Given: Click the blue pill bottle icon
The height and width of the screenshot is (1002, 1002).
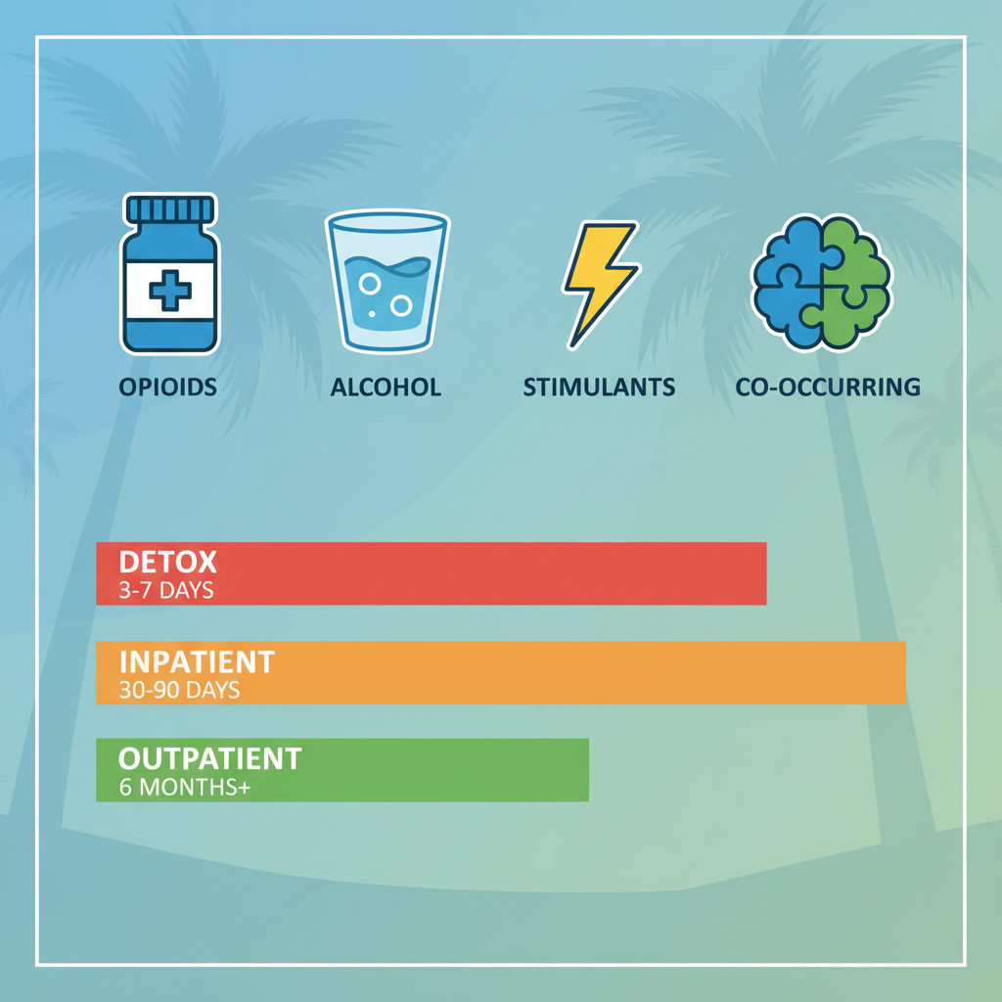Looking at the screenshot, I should [x=169, y=274].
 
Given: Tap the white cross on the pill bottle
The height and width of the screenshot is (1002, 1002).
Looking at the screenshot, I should [x=168, y=290].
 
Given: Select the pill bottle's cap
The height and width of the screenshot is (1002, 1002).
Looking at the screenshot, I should [x=169, y=209].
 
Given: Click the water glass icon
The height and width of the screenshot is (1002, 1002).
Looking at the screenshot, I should [x=386, y=281].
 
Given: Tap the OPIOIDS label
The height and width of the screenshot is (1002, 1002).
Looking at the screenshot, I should [x=168, y=387].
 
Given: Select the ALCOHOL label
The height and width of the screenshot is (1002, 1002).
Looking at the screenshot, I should [x=386, y=387].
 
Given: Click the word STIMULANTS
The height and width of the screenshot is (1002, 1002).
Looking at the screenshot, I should [x=599, y=387].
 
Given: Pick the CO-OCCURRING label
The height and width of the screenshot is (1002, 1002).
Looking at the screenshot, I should [x=828, y=387].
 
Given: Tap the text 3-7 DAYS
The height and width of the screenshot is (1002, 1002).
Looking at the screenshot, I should [x=166, y=591].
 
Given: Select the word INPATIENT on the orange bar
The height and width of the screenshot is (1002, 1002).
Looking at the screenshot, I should [x=197, y=661].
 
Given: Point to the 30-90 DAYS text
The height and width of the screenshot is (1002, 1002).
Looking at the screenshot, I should [x=180, y=690].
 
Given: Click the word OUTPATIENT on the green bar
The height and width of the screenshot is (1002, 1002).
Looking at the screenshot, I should [x=209, y=758].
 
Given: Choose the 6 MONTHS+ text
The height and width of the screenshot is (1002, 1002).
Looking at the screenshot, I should [x=185, y=787].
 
